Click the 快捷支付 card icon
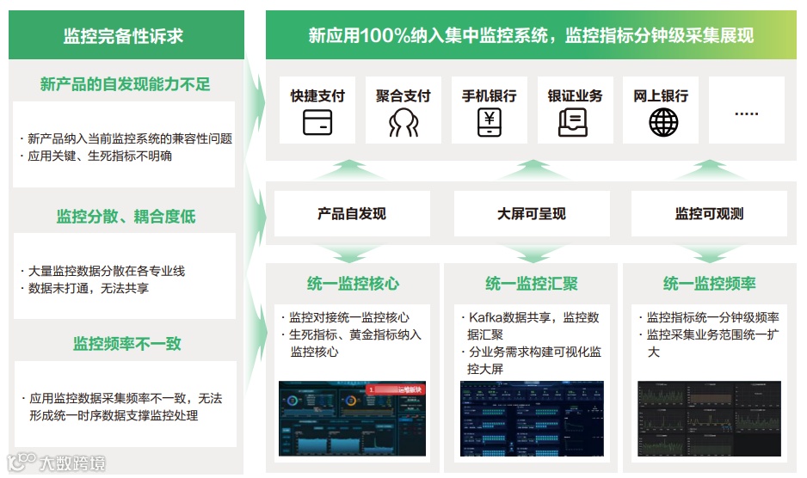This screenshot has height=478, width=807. tap(317, 123)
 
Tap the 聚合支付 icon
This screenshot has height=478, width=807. tap(403, 123)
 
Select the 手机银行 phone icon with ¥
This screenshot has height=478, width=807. tap(489, 123)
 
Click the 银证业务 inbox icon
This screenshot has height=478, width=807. tap(574, 123)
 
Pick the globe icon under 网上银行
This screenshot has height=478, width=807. tap(662, 123)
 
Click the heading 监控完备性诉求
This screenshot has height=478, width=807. tap(123, 36)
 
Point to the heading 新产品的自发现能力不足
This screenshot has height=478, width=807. tap(125, 84)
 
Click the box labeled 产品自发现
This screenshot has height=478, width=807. tap(352, 213)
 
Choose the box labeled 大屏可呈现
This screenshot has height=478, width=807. tap(531, 213)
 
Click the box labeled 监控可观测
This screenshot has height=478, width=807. tap(709, 213)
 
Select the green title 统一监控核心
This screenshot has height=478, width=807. tap(353, 284)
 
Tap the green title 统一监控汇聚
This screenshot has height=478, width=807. tap(531, 284)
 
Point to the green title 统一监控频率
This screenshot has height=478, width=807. tap(709, 284)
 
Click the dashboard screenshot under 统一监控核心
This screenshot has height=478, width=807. tap(353, 420)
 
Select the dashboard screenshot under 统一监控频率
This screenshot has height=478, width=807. tap(709, 419)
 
